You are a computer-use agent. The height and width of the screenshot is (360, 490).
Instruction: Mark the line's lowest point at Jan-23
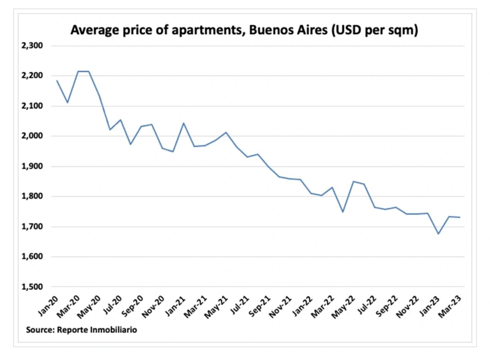click(439, 234)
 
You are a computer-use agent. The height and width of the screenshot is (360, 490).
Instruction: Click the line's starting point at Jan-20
click(57, 80)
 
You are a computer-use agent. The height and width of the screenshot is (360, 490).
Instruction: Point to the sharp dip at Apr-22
click(343, 212)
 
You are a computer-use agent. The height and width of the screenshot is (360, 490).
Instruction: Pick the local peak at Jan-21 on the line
click(183, 123)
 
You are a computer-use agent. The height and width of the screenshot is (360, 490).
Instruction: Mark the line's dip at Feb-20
click(68, 103)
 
